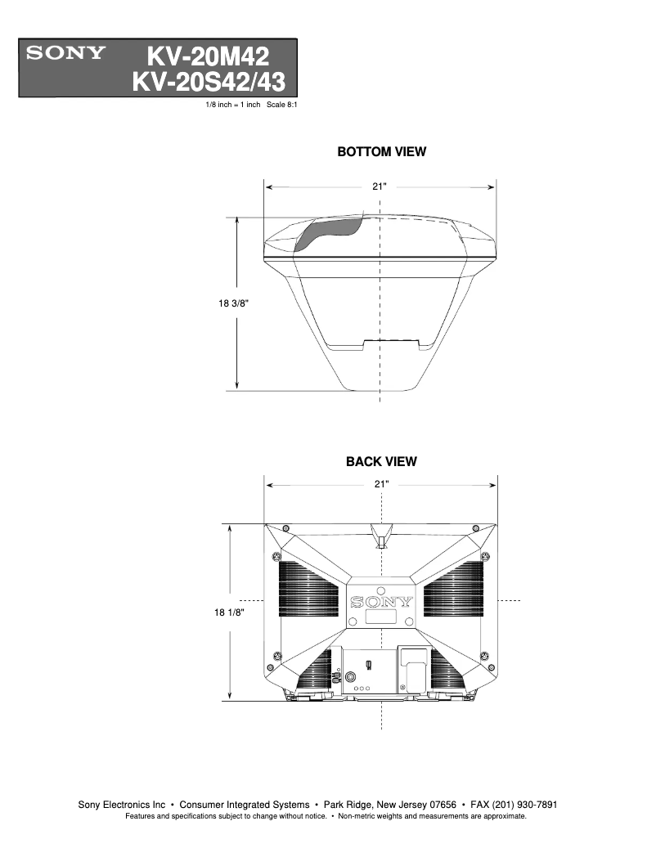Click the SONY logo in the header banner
(x=66, y=55)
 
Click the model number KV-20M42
(x=208, y=56)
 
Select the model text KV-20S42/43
(x=214, y=82)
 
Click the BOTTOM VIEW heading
(x=381, y=152)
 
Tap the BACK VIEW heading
(x=381, y=462)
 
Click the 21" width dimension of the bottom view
(x=380, y=186)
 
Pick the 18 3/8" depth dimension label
(x=233, y=303)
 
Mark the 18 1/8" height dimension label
(x=230, y=611)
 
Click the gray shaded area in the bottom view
(x=326, y=232)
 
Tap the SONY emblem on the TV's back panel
(x=381, y=603)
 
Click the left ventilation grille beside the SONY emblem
(x=309, y=589)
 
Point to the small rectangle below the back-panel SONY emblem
(x=381, y=619)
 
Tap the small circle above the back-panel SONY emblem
(x=381, y=590)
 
